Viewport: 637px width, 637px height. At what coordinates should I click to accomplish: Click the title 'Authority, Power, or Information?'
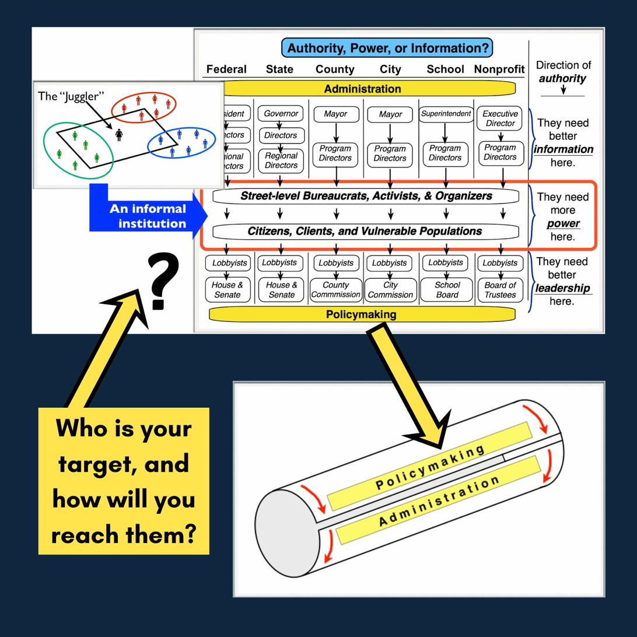(387, 48)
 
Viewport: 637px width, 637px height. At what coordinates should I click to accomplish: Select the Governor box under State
(281, 114)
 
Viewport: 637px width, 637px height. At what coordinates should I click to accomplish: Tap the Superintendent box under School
(446, 114)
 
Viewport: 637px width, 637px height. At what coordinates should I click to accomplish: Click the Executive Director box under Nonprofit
(500, 118)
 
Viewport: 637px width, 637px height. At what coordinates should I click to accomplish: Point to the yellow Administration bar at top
(362, 89)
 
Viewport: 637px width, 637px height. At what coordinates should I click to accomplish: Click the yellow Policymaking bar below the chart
(361, 314)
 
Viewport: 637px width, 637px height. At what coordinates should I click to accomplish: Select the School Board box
(447, 290)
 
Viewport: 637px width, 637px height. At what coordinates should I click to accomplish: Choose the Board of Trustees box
(500, 290)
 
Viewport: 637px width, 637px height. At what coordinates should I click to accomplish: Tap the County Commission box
(335, 290)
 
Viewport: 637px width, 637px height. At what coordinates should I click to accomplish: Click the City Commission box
(390, 290)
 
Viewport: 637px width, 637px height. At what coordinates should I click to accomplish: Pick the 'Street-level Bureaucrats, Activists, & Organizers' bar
(366, 196)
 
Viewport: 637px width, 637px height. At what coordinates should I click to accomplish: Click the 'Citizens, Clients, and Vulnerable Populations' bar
(365, 231)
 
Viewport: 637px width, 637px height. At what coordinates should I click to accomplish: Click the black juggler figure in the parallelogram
(119, 135)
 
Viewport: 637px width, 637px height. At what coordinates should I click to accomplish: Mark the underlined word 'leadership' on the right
(562, 288)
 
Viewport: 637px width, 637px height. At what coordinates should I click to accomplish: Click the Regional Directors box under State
(281, 160)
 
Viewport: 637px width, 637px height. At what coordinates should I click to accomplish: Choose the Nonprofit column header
(499, 69)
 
